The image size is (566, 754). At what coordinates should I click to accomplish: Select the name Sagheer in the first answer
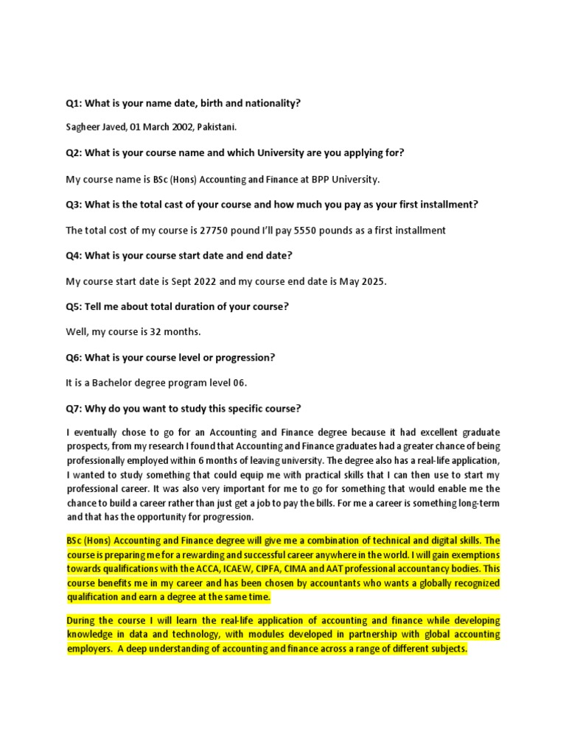[83, 127]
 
